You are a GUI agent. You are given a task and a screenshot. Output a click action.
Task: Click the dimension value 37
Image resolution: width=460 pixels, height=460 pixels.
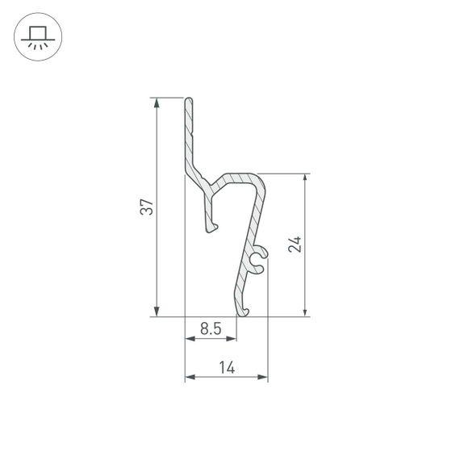(x=145, y=207)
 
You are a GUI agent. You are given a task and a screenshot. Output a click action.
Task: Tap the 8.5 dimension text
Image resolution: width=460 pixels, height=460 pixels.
(x=210, y=328)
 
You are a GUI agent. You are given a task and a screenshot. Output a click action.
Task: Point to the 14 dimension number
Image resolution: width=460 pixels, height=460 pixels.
(x=226, y=367)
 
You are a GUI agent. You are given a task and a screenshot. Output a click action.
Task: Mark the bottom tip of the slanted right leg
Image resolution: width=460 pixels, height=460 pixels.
(x=242, y=312)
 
